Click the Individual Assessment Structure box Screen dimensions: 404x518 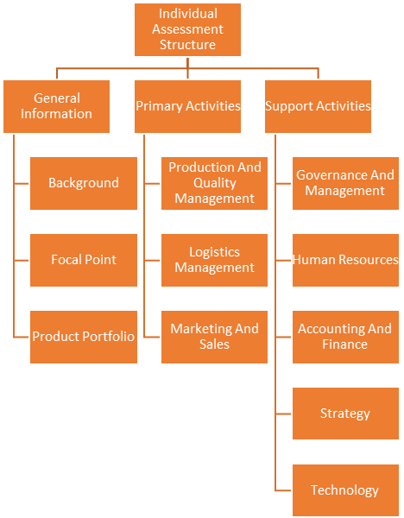187,29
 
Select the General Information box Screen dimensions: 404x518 56,106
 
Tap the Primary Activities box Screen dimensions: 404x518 187,106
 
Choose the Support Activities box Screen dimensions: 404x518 319,106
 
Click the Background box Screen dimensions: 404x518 84,183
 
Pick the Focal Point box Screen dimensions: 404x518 84,261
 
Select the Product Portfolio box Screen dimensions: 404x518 84,337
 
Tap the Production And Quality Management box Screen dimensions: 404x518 214,183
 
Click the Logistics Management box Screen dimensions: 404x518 214,261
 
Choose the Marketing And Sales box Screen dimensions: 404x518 214,337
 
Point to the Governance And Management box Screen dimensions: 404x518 345,183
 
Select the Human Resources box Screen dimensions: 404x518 345,261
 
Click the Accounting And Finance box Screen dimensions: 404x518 345,337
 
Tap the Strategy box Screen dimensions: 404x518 345,414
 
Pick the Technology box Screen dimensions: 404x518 345,490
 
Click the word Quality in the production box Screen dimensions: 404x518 215,183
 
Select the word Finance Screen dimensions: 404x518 345,344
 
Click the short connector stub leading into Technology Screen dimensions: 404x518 283,490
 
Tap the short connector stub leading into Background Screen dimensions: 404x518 21,183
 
